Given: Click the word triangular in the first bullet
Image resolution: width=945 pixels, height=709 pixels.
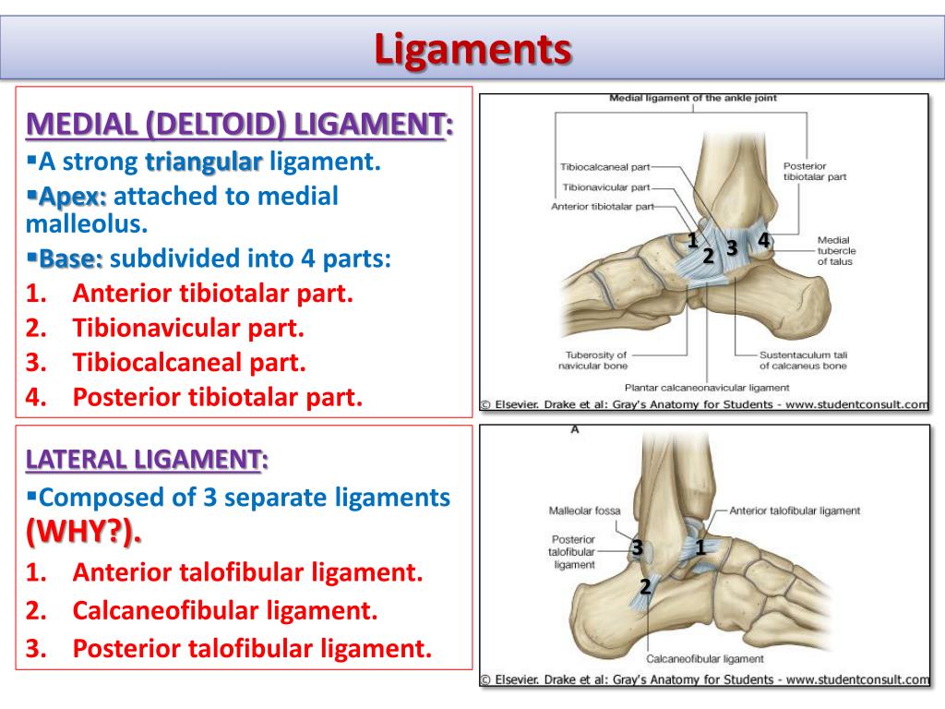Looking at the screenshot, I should [x=204, y=162].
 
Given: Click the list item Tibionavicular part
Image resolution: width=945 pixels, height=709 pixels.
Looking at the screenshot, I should [x=188, y=328].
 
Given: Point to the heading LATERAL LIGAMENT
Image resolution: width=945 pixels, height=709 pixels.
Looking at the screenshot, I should [x=148, y=459].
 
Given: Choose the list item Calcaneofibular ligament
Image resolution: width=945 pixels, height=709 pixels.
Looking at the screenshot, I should [x=225, y=610].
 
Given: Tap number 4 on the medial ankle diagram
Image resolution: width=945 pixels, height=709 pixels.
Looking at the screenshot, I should [x=763, y=240].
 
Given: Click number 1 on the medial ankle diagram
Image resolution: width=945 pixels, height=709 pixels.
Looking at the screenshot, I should [x=691, y=241].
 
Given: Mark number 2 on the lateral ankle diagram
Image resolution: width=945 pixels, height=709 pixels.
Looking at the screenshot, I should [x=645, y=585].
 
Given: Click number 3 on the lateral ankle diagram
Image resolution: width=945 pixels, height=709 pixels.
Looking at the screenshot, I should [x=637, y=548].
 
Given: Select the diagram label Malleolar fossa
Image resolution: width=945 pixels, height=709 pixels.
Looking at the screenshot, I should [x=584, y=511].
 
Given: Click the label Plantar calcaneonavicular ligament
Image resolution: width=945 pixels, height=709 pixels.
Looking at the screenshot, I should [x=707, y=388].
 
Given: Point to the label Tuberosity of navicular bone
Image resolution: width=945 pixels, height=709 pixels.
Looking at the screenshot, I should [x=595, y=360].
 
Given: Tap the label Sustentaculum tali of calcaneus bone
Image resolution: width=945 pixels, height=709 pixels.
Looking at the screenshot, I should [x=803, y=360].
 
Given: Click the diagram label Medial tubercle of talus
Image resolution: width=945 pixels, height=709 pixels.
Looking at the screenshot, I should [x=836, y=251].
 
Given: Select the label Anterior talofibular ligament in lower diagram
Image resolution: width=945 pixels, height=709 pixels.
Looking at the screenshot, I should [x=795, y=511].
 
